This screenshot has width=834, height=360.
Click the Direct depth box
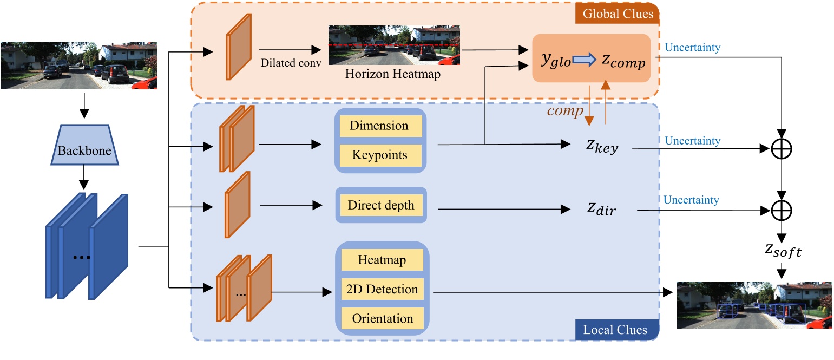[x=381, y=205]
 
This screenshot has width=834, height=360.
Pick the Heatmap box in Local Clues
[x=382, y=260]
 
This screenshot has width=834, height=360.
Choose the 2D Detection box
[x=382, y=289]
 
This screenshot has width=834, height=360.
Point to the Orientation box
[x=382, y=318]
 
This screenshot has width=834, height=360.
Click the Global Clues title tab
[x=616, y=14]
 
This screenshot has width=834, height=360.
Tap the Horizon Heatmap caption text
[x=393, y=75]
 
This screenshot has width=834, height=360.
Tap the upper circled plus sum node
[x=782, y=148]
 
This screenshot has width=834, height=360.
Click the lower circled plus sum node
[x=782, y=210]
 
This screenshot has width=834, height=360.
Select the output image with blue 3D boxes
[x=754, y=305]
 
